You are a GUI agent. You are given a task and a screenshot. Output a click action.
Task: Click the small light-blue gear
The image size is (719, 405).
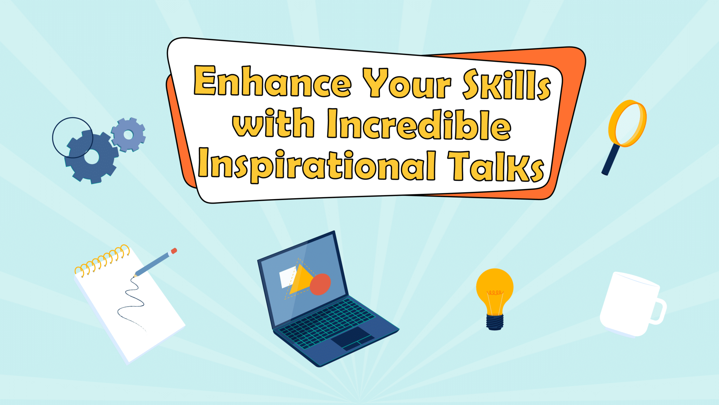tap(128, 135)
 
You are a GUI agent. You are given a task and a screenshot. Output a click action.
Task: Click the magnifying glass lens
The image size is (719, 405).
tap(627, 123)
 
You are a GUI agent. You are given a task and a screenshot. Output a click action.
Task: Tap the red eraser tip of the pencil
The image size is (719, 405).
tap(173, 251)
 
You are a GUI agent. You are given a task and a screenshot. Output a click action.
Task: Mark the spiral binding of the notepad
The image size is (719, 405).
tap(102, 260)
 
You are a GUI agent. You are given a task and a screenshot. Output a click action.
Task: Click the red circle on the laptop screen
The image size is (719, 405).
tap(320, 284)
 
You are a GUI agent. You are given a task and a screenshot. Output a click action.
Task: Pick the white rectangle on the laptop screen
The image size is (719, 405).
tap(288, 277)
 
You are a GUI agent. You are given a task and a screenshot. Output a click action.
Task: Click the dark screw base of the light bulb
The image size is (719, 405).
tap(495, 322)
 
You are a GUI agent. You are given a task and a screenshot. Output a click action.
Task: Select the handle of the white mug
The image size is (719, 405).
tap(657, 311)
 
